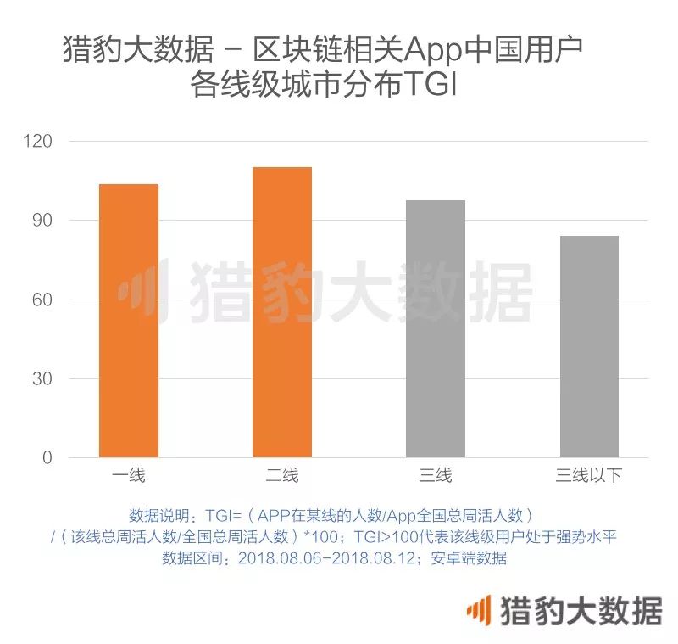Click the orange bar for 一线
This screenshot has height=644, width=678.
pyautogui.click(x=129, y=321)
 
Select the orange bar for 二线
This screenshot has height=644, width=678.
pyautogui.click(x=282, y=312)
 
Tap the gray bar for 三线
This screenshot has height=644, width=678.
pyautogui.click(x=436, y=328)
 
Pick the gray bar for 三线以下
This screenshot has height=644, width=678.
pyautogui.click(x=589, y=346)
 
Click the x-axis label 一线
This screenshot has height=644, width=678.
pyautogui.click(x=129, y=475)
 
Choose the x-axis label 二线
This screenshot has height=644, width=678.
pyautogui.click(x=282, y=475)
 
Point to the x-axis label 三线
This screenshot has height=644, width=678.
pyautogui.click(x=436, y=475)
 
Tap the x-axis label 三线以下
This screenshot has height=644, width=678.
pyautogui.click(x=589, y=475)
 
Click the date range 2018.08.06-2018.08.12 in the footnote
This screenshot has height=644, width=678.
pyautogui.click(x=331, y=558)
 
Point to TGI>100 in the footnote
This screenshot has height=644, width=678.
pyautogui.click(x=386, y=537)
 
